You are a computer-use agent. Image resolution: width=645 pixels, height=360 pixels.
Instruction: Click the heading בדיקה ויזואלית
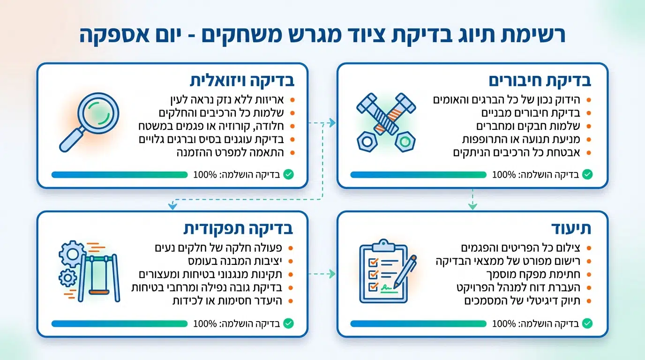[x=242, y=80]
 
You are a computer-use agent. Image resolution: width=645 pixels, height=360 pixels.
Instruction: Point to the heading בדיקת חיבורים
[x=540, y=80]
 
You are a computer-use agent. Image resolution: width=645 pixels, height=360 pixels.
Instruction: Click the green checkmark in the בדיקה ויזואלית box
[x=288, y=175]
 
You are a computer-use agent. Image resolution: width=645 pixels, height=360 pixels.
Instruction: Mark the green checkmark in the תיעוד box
[x=587, y=323]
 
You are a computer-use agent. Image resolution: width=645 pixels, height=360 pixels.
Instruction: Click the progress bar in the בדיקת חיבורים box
[x=418, y=175]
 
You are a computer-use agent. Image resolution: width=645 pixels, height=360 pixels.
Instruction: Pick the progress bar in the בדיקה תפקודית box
[x=120, y=323]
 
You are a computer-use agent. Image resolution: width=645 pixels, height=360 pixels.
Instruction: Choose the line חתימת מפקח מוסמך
[x=530, y=274]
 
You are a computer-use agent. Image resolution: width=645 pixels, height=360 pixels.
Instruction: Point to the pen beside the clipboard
[x=405, y=271]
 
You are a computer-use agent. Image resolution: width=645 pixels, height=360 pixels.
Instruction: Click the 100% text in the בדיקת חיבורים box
[x=504, y=175]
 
